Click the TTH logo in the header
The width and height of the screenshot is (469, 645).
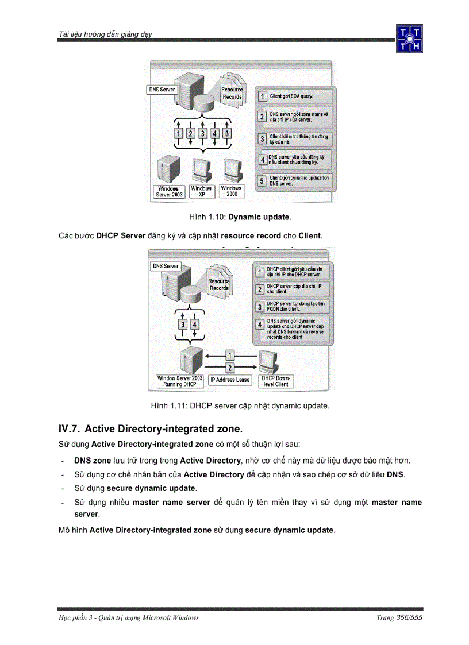409,38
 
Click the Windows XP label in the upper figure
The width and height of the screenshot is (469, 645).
202,191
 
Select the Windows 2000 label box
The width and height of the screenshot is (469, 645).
232,191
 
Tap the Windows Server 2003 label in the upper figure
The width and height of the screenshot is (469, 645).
168,192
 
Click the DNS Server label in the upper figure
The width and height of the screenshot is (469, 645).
162,90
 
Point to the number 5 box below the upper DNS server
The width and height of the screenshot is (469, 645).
227,133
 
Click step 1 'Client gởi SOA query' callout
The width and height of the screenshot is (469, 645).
295,96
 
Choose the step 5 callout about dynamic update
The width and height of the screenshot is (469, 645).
295,181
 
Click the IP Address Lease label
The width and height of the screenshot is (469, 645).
230,380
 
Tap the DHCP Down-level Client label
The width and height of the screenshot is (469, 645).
276,381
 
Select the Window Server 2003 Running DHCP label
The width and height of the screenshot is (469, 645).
180,381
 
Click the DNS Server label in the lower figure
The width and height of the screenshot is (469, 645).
166,266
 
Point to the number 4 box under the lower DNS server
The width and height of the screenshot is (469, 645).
195,325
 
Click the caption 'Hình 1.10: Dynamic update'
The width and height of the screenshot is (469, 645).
240,218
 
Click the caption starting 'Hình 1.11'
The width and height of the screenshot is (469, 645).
240,406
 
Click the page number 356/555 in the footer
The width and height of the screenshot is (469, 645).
409,617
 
